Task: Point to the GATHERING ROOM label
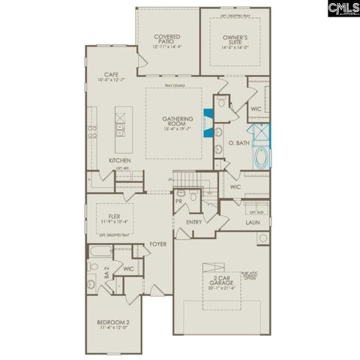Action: point(178,121)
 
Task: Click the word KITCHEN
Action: point(120,160)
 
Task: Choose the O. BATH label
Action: point(238,142)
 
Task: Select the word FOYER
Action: point(157,244)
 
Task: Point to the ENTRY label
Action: point(193,222)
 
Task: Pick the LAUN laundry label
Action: point(252,223)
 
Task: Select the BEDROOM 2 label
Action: point(112,323)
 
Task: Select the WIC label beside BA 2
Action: point(129,268)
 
